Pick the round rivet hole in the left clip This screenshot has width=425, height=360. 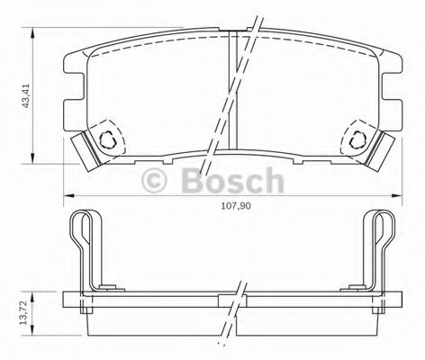tap(109, 139)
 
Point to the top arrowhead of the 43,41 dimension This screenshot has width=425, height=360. tap(33, 34)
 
